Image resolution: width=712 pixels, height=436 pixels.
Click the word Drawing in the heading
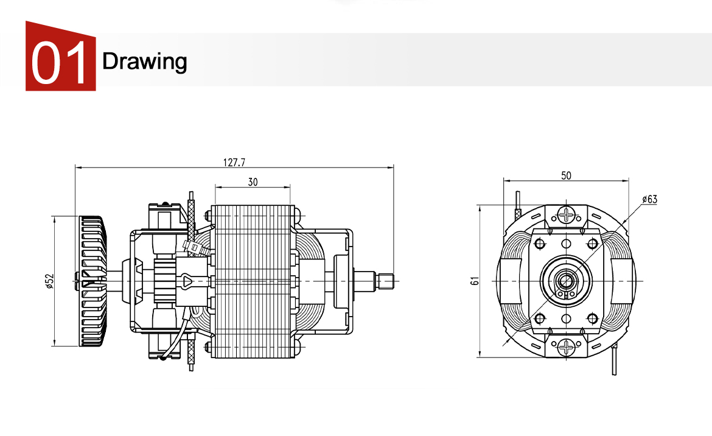145,61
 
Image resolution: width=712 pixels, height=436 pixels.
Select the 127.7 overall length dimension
234,162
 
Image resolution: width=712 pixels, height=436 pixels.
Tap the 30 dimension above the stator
253,181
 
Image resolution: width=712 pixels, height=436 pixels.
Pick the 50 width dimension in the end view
566,175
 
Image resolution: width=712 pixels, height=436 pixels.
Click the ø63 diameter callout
649,199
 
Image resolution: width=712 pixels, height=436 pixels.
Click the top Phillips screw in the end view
567,214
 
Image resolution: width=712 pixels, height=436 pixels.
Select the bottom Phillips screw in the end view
567,348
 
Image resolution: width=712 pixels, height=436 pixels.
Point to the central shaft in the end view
567,281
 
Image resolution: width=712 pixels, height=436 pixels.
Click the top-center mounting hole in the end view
567,244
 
